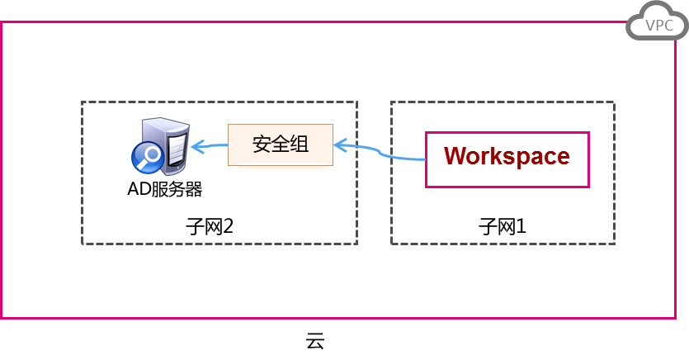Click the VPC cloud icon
point(657,25)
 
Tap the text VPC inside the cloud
point(659,26)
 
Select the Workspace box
point(507,158)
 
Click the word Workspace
point(507,156)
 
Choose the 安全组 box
point(281,144)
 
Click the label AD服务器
point(165,189)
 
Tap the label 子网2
point(210,225)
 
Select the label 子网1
point(502,225)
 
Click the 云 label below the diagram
point(315,340)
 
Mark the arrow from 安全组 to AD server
point(210,146)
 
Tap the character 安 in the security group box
point(262,144)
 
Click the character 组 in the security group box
point(300,144)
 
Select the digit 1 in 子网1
point(520,225)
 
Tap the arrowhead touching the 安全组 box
point(338,146)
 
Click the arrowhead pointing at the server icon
point(195,147)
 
